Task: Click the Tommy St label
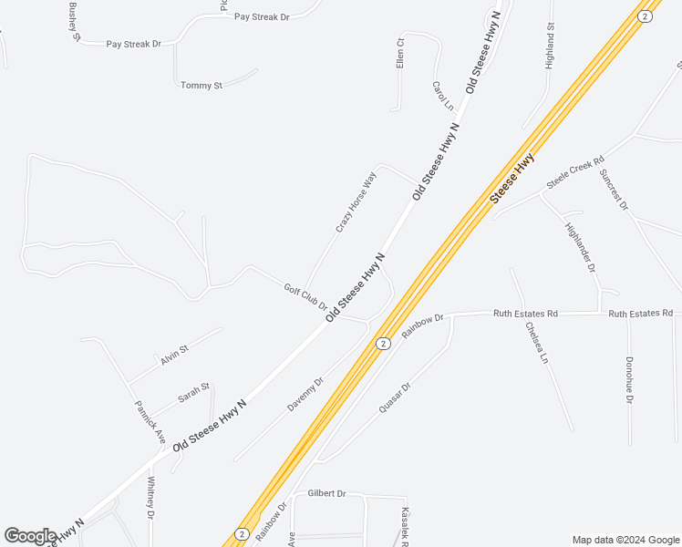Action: coord(201,85)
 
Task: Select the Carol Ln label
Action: coord(442,96)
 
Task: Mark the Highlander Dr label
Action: coord(580,248)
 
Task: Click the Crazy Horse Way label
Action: coord(356,202)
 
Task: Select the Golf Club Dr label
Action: coord(305,295)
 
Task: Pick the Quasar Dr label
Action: coord(393,398)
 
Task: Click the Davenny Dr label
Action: coord(305,395)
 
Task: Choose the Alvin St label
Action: coord(174,355)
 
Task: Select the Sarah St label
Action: coord(194,393)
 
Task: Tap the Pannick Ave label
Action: coord(150,422)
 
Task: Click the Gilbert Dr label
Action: coord(326,493)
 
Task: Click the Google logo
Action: coord(30,536)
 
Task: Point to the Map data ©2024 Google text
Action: coord(625,540)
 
